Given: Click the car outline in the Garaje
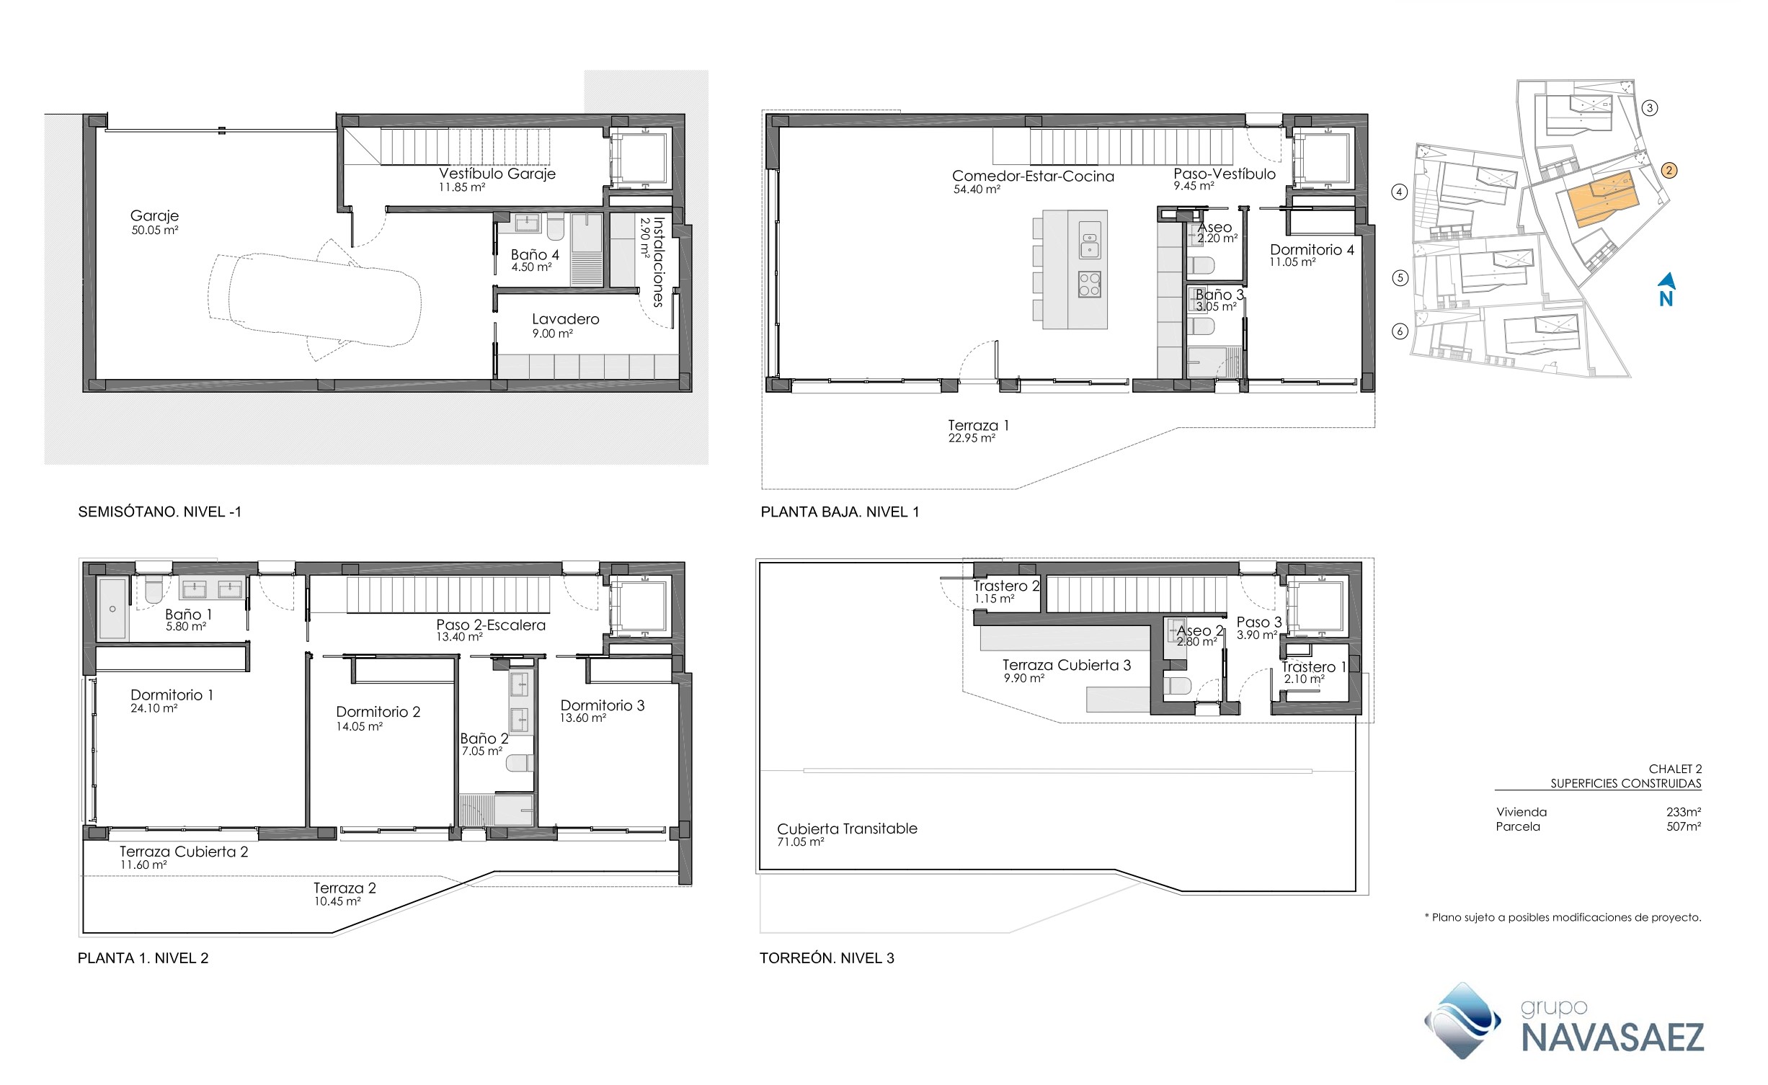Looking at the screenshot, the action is pos(314,299).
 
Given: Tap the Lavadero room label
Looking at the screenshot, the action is pos(565,319).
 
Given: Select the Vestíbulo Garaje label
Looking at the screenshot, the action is pos(497,174).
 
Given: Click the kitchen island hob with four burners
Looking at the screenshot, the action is pos(1089,285).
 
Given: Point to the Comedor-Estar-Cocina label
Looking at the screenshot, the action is pos(1033,177).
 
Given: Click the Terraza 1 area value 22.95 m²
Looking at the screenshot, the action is pos(972,438).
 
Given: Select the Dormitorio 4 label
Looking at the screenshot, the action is pos(1312,250).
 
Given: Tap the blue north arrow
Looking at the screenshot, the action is pos(1666,281).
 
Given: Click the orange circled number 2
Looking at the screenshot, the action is pos(1669,171).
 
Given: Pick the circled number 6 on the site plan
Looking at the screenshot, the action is pos(1400,331).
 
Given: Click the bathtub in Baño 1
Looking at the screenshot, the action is pos(112,609).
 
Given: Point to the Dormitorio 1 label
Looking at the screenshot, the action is pos(172,695).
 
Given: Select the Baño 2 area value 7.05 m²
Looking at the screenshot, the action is pos(481,751).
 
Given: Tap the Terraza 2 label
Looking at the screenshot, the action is pos(345,888).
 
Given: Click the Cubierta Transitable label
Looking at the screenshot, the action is pos(847,829).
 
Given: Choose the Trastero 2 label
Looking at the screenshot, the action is pos(1006,586).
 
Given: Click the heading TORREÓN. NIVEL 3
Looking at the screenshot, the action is pos(827,958).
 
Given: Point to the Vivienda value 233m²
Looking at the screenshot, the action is pos(1684,812).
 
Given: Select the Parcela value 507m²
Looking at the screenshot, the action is pos(1684,826).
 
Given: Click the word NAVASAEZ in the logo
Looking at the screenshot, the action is pos(1613,1038).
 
